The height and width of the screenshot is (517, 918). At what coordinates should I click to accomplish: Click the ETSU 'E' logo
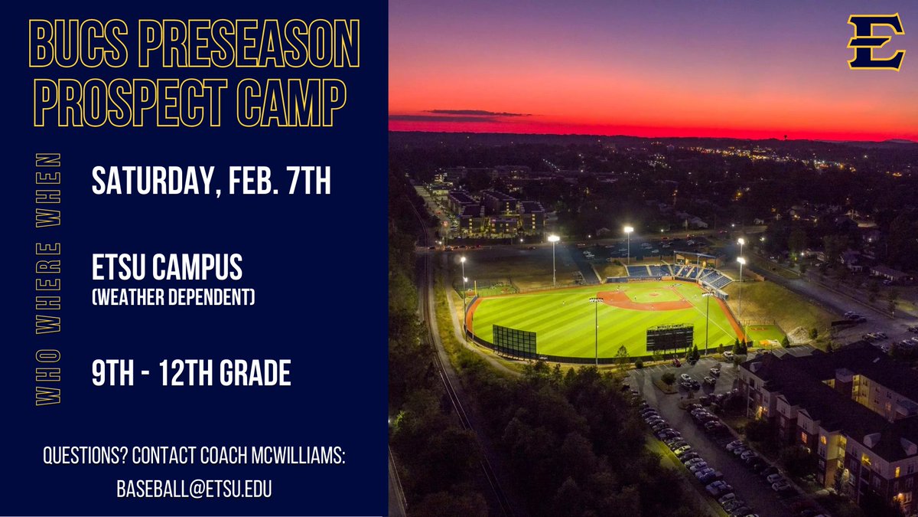point(876,43)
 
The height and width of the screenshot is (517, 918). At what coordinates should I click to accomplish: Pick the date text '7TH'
point(306,182)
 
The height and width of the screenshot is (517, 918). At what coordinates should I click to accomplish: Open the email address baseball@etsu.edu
point(194,489)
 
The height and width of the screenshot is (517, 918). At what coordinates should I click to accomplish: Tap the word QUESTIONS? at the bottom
point(85,457)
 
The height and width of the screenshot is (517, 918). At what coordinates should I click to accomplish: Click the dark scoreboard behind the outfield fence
point(669,338)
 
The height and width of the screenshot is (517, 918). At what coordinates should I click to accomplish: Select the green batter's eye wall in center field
point(515,340)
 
